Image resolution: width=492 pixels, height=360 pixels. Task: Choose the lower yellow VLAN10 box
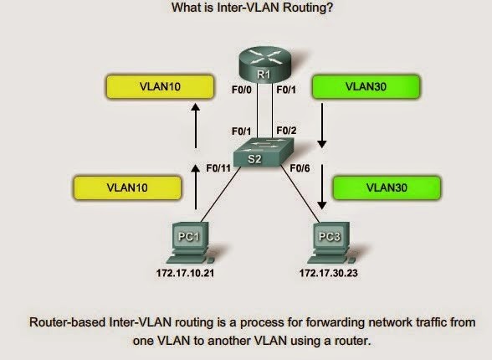[121, 188]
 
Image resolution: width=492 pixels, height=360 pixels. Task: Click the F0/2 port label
[285, 131]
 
